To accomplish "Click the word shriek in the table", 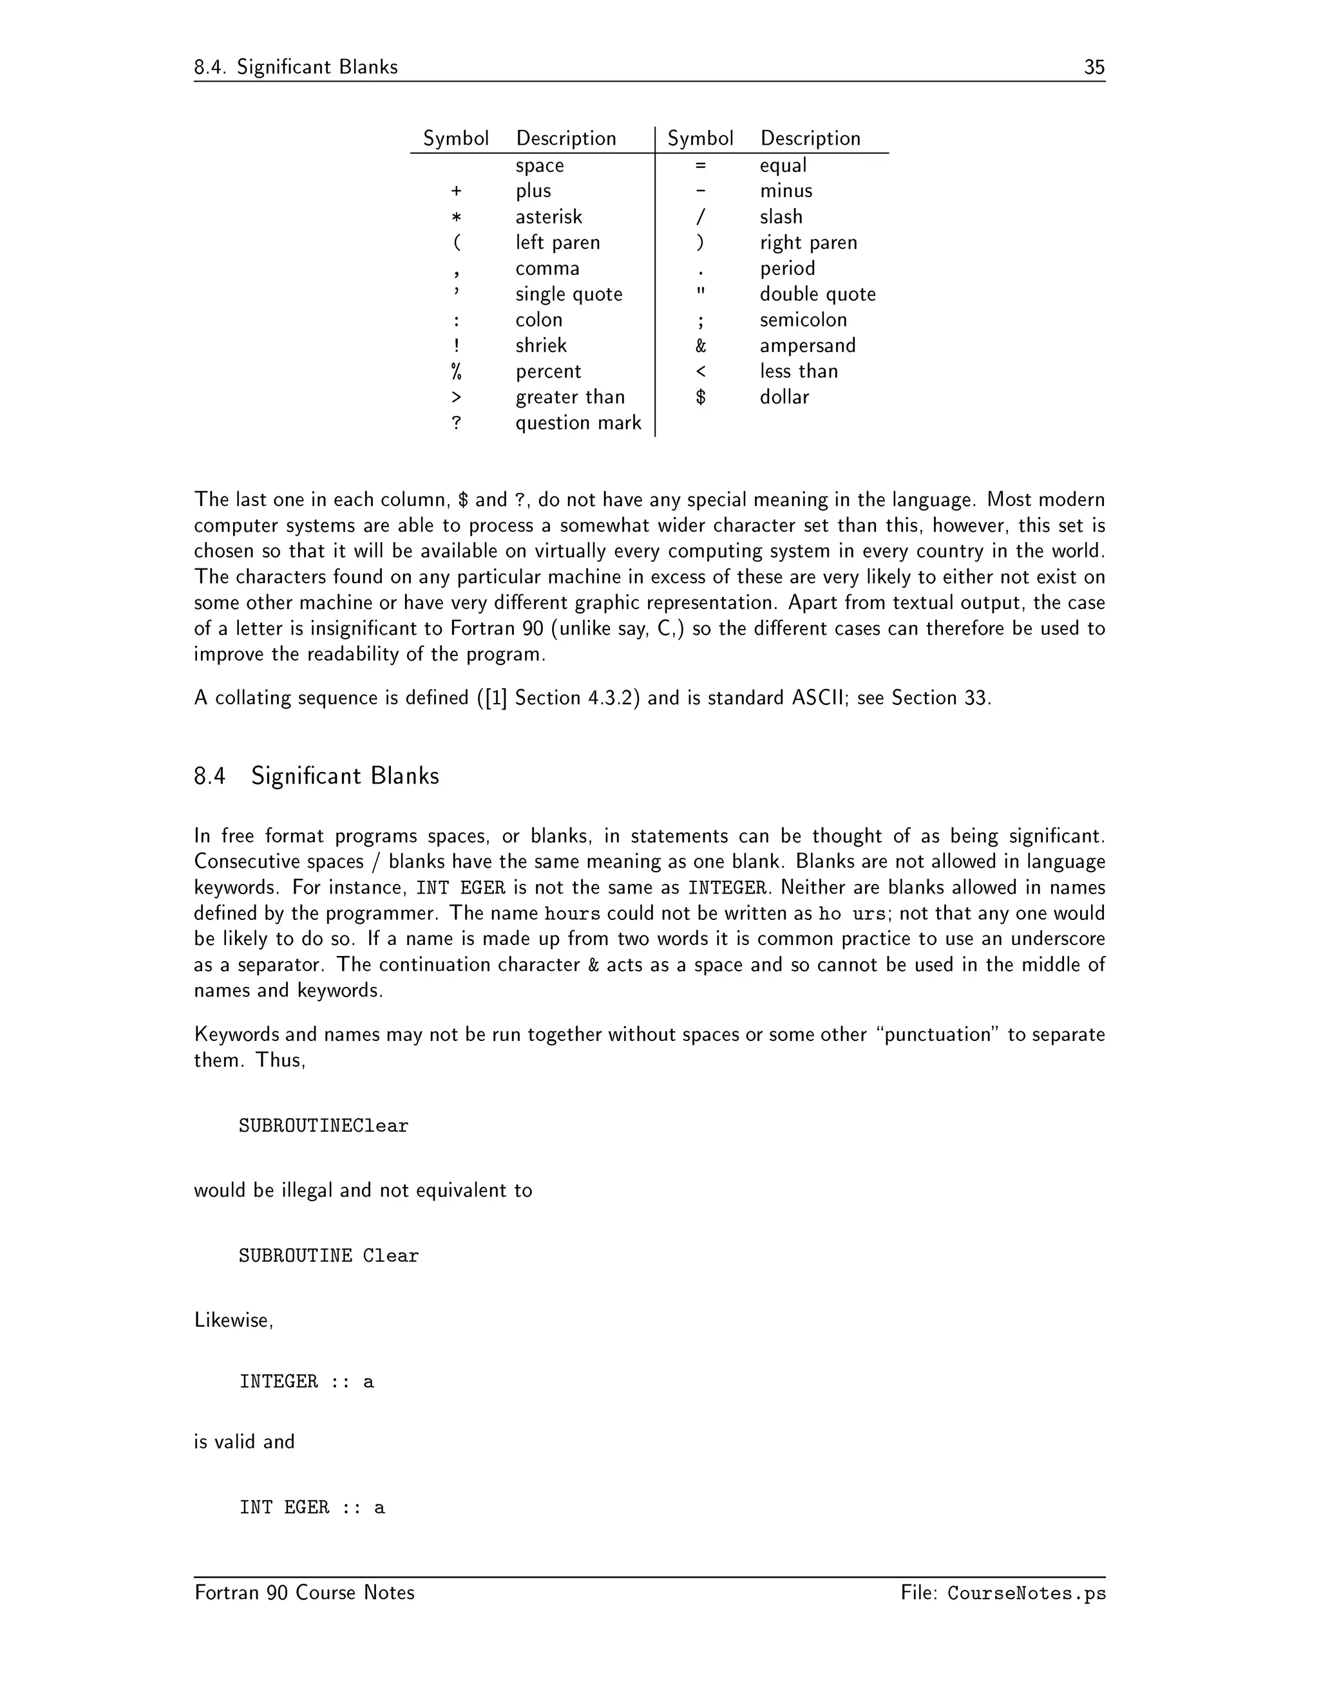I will click(x=541, y=345).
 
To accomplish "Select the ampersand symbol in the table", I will click(x=700, y=345).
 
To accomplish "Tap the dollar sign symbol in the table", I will click(x=700, y=397).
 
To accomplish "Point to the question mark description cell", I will click(x=578, y=422).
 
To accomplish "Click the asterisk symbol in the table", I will click(x=457, y=217).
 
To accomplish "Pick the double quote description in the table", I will click(x=817, y=294).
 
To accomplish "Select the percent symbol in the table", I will click(x=457, y=371).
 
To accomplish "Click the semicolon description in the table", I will click(x=802, y=319).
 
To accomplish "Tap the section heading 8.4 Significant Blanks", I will click(x=316, y=776).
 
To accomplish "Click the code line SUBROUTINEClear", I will click(x=323, y=1125).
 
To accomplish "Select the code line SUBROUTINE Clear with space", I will click(x=328, y=1255).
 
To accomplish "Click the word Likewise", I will click(x=233, y=1320).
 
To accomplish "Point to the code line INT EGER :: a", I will click(x=312, y=1507).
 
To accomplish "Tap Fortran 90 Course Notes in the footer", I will click(x=304, y=1593).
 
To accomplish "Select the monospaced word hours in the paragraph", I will click(x=572, y=913).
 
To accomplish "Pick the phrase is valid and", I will click(x=244, y=1441).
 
